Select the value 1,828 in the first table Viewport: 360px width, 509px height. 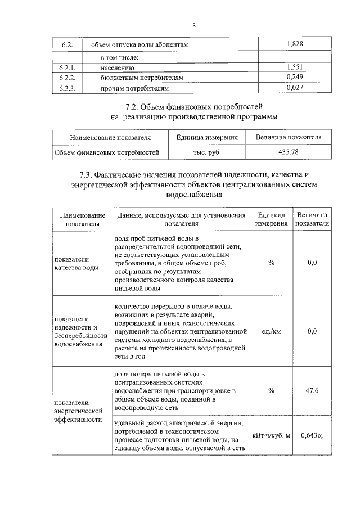point(295,44)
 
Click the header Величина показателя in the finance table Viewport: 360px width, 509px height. point(288,137)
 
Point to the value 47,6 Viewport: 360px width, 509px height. point(312,390)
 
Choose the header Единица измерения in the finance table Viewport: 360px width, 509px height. point(207,137)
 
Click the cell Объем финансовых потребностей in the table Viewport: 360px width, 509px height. point(106,152)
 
